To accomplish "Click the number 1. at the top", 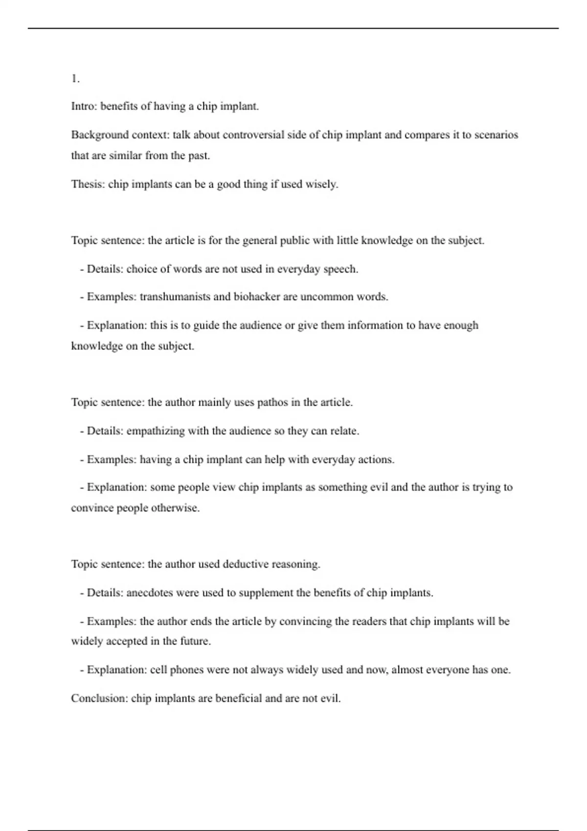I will [x=75, y=79].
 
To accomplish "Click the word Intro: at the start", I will [x=84, y=106].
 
